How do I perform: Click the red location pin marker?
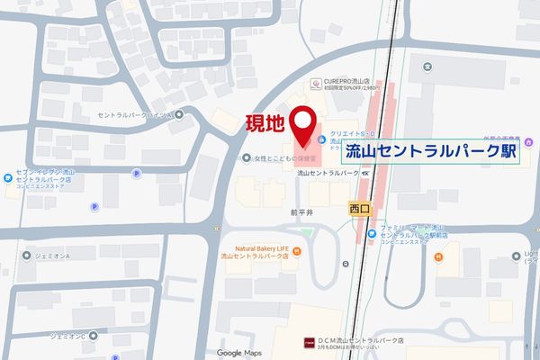303,125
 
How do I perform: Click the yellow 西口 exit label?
359,209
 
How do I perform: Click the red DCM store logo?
309,342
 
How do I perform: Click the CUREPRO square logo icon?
315,84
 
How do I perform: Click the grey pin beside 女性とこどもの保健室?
247,158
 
